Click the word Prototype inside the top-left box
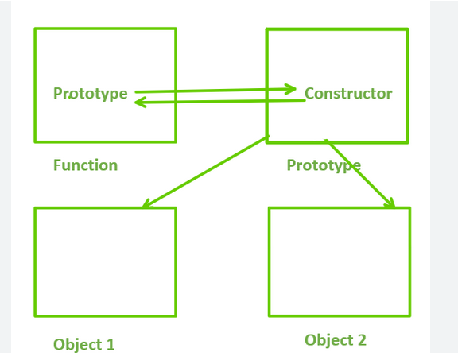click(x=91, y=94)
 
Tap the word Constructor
click(x=348, y=94)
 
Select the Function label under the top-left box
click(x=85, y=165)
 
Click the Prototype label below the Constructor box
click(x=324, y=165)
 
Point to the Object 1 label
click(x=83, y=345)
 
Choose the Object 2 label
click(x=336, y=340)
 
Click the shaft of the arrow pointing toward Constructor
click(x=215, y=91)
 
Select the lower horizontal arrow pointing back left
click(x=220, y=102)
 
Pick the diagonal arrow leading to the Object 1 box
click(x=206, y=172)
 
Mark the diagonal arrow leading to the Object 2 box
click(x=360, y=173)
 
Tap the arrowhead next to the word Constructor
click(x=291, y=89)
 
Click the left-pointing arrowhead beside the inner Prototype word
click(x=140, y=103)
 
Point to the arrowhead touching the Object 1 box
click(x=146, y=203)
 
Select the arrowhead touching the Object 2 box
click(x=390, y=203)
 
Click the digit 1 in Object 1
click(x=110, y=345)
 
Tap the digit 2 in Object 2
click(x=362, y=340)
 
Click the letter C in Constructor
click(x=309, y=94)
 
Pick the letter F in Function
click(x=57, y=165)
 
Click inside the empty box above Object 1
click(x=106, y=262)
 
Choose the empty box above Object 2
click(x=340, y=262)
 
